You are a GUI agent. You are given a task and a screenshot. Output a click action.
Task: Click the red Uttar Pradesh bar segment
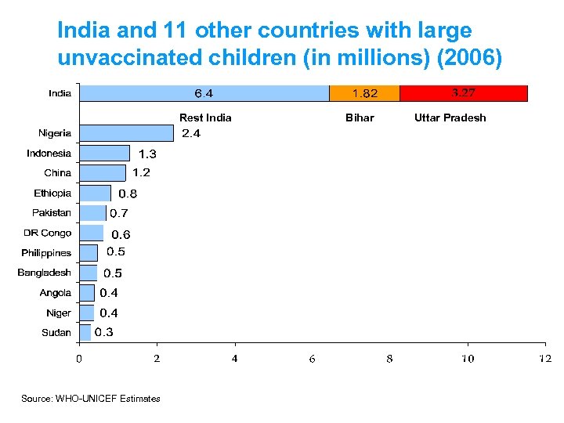click(x=464, y=93)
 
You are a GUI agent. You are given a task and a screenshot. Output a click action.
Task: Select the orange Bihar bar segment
click(x=364, y=93)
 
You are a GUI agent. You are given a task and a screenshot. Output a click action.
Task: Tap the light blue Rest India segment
click(x=204, y=93)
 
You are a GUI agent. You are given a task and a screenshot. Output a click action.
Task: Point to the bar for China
click(x=103, y=173)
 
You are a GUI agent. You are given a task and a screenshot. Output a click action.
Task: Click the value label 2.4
click(x=191, y=133)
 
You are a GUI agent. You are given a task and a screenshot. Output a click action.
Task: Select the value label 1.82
click(x=364, y=94)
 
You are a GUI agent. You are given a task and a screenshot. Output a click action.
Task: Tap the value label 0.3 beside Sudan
click(x=103, y=332)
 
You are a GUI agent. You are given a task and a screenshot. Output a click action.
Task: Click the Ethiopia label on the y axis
click(x=52, y=193)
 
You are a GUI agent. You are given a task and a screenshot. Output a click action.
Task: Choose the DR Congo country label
click(x=47, y=233)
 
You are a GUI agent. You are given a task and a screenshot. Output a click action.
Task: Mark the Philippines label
click(x=46, y=253)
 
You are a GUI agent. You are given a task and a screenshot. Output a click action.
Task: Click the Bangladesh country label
click(x=45, y=273)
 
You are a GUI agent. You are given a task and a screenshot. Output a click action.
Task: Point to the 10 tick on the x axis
click(x=468, y=359)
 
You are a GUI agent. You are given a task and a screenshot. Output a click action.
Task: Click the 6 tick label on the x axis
click(x=312, y=359)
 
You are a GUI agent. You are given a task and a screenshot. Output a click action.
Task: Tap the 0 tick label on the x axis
click(x=78, y=359)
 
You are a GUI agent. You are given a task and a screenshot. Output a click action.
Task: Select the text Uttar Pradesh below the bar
click(x=450, y=117)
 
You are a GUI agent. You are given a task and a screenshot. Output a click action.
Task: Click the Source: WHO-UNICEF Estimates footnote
click(x=91, y=399)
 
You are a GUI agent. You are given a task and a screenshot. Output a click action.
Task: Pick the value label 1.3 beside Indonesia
click(x=147, y=154)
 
